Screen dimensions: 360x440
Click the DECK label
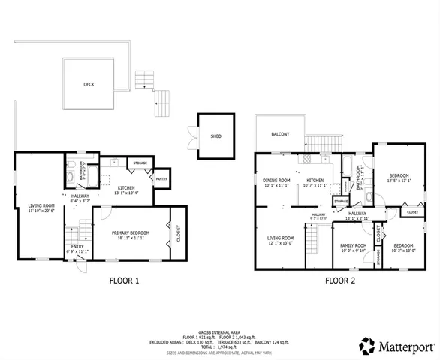point(89,85)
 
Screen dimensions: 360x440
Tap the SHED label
point(215,136)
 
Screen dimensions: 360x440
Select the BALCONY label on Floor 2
point(280,134)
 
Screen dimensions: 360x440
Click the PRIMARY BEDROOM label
point(131,233)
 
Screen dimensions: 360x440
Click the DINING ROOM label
point(276,180)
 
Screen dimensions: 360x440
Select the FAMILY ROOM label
point(353,246)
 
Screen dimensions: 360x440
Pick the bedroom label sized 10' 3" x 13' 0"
point(403,246)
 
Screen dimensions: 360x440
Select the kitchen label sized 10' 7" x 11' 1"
point(315,180)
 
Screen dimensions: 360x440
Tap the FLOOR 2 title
point(339,280)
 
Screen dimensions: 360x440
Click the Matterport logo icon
point(367,346)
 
